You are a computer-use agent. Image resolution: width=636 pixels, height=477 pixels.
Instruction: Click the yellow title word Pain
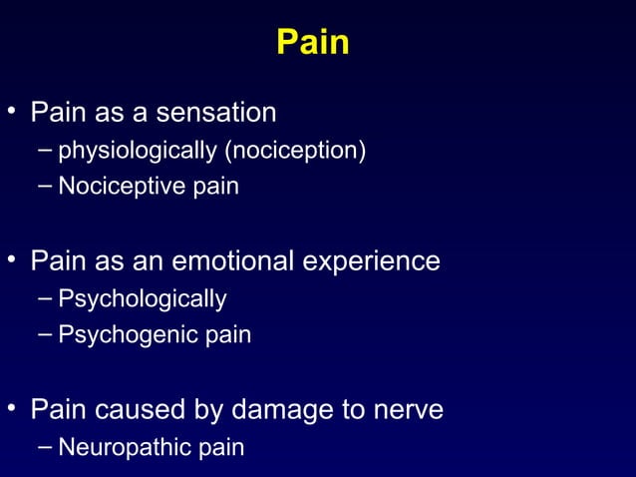click(312, 43)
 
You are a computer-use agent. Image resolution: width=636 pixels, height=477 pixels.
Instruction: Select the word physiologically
click(138, 151)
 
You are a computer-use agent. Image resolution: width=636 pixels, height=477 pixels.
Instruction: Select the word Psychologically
click(143, 299)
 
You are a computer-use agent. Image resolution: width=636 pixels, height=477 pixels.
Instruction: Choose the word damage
click(281, 410)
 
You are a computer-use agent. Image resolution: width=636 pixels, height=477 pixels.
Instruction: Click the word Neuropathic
click(123, 447)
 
